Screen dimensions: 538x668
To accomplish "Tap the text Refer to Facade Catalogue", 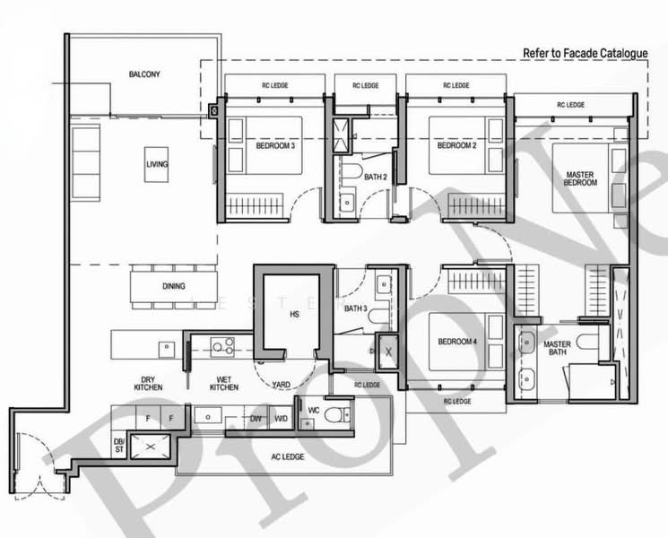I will click(585, 53).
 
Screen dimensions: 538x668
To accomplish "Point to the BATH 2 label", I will click(376, 177).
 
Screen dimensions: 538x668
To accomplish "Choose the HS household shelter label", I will click(293, 315).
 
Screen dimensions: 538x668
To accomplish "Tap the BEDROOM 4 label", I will click(456, 342).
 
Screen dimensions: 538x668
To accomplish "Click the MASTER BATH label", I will click(558, 349).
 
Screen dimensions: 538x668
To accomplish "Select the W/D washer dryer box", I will click(281, 417).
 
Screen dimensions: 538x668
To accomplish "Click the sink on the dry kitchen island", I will click(166, 346).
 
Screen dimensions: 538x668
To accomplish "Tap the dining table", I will click(174, 286).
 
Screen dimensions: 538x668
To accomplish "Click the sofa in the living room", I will click(86, 163).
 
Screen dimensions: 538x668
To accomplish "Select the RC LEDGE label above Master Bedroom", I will click(570, 105).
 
